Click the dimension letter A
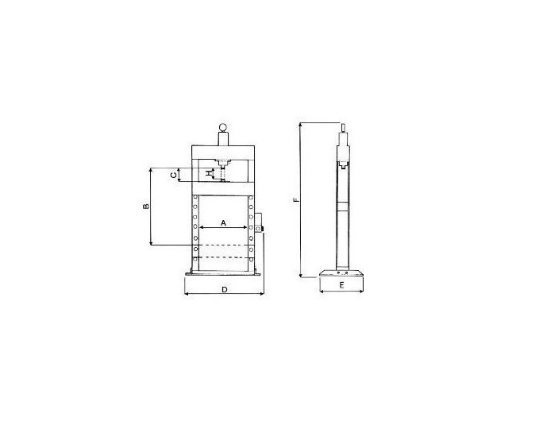pos(224,222)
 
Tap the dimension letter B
pos(146,207)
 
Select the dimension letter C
pos(173,175)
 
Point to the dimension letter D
pos(225,290)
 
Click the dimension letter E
pos(342,285)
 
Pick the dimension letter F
pos(296,200)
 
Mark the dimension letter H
pos(209,173)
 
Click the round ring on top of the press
pos(223,127)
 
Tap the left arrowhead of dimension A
pos(201,227)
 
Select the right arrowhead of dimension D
pos(262,294)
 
